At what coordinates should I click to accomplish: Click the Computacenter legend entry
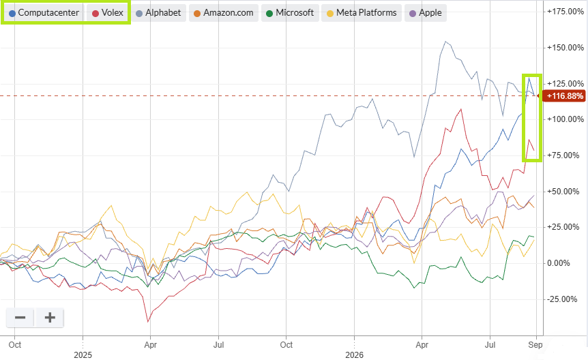[x=44, y=13]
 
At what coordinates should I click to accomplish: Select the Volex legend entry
[x=108, y=13]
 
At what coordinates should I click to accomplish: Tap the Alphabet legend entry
[x=158, y=13]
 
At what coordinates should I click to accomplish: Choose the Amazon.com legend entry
[x=224, y=13]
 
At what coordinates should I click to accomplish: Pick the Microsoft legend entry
[x=290, y=13]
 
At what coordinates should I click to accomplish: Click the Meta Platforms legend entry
[x=362, y=13]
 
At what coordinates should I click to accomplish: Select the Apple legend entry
[x=425, y=13]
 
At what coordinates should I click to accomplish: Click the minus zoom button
[x=20, y=318]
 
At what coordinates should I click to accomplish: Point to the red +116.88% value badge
[x=563, y=96]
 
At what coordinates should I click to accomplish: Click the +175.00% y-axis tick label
[x=565, y=12]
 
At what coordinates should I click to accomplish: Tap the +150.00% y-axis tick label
[x=565, y=48]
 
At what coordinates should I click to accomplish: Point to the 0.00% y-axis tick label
[x=559, y=263]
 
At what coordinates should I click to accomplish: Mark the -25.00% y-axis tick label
[x=562, y=299]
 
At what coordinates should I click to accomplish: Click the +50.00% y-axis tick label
[x=563, y=191]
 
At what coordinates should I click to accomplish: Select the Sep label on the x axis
[x=535, y=344]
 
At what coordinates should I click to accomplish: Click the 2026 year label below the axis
[x=355, y=355]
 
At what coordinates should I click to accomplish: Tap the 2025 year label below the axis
[x=83, y=355]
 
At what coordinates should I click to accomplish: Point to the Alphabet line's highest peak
[x=445, y=42]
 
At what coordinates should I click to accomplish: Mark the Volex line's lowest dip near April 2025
[x=148, y=321]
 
